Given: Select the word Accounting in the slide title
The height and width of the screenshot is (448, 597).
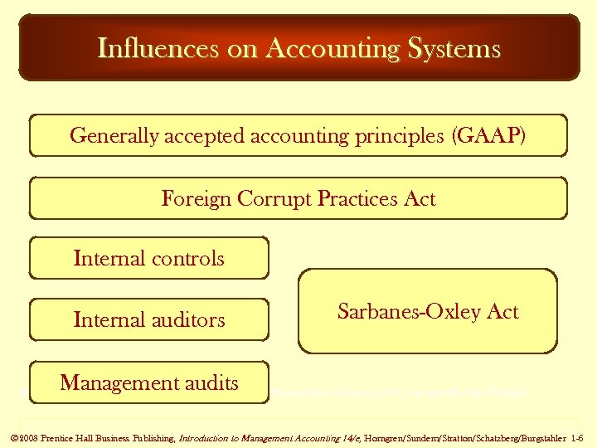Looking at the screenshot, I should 342,48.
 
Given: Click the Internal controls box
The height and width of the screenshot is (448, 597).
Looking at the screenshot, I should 149,258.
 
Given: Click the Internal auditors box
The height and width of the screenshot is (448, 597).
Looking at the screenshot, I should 149,319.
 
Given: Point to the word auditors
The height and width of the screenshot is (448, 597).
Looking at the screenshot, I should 187,319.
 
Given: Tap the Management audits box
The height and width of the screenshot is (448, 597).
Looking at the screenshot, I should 149,382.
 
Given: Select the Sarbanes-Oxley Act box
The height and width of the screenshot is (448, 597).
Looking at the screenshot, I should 428,311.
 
